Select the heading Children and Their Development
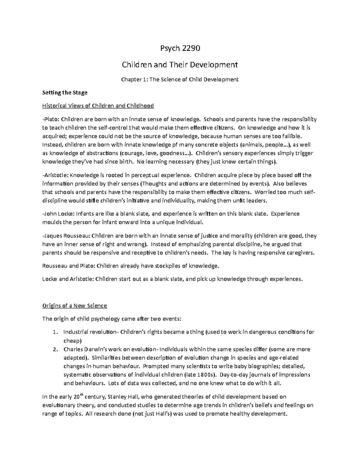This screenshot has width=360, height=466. (180, 65)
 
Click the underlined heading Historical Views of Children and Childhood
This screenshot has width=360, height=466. (98, 106)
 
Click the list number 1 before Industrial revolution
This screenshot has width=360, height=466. (54, 332)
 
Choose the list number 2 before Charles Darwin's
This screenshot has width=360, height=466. (54, 349)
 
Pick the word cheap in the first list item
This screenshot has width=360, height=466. (71, 341)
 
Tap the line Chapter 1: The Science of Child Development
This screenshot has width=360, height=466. (180, 80)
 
